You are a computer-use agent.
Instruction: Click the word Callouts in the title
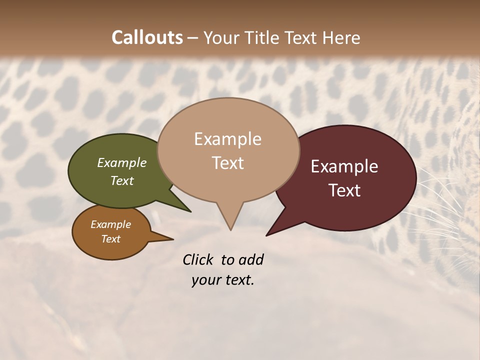[x=147, y=37]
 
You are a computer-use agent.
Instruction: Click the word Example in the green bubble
[x=121, y=162]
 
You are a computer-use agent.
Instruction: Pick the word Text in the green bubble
[x=121, y=180]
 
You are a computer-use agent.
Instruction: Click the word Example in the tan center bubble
[x=227, y=139]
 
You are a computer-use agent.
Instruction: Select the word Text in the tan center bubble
[x=227, y=163]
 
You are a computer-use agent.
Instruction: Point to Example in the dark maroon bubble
[x=344, y=166]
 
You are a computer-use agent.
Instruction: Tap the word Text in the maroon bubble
[x=344, y=190]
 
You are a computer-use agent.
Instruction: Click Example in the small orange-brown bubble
[x=110, y=224]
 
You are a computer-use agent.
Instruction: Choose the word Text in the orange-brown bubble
[x=110, y=239]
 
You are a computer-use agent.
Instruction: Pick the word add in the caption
[x=250, y=259]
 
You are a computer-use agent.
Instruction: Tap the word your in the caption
[x=206, y=280]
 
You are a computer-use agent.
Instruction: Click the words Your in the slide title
[x=220, y=37]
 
